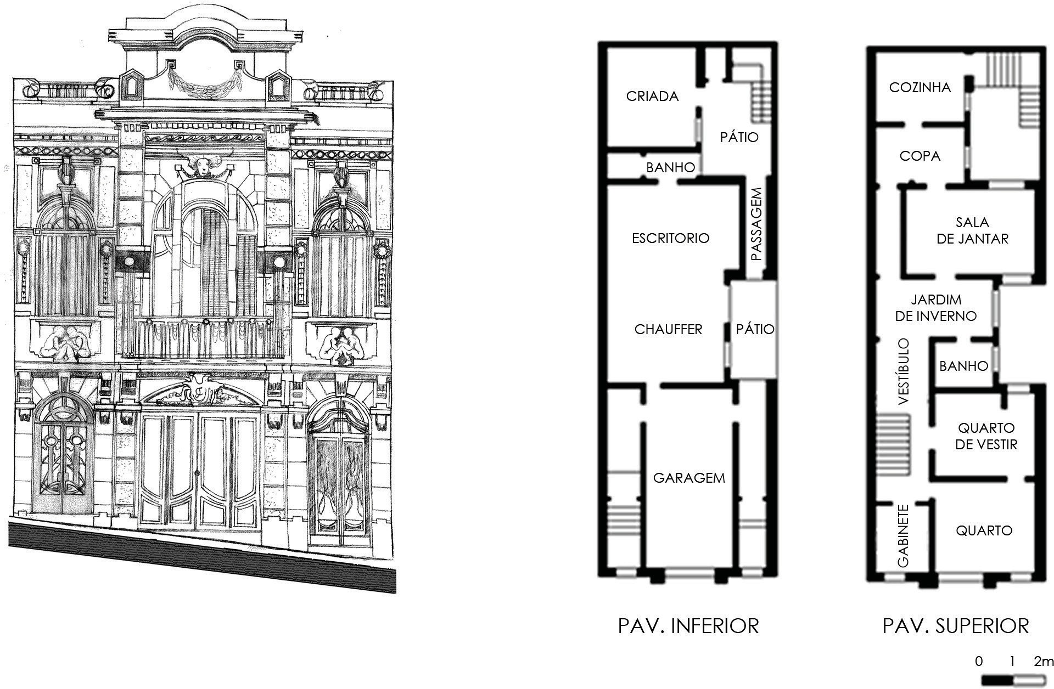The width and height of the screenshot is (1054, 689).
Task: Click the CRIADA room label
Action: coord(652,97)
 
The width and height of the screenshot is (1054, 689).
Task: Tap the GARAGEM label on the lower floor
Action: coord(689,478)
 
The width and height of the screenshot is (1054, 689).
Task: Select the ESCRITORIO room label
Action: coord(670,238)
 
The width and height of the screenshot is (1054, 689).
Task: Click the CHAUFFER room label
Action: coord(668,329)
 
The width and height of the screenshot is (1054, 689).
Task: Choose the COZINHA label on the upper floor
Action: coord(920,88)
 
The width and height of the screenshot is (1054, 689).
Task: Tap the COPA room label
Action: coord(920,156)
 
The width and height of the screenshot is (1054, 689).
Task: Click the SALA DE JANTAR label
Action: coord(972,230)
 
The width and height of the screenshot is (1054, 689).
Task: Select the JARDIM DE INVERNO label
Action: coord(935,308)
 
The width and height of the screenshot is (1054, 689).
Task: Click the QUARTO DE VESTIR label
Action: coord(986,436)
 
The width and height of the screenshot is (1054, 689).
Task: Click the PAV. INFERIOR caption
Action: coord(688,626)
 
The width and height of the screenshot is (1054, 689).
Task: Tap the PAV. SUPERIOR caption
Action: coord(955,626)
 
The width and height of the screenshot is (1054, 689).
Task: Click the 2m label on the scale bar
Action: coord(1044,662)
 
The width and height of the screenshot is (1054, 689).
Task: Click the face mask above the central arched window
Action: coord(201,165)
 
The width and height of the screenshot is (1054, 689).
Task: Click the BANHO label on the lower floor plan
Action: coord(670,168)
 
